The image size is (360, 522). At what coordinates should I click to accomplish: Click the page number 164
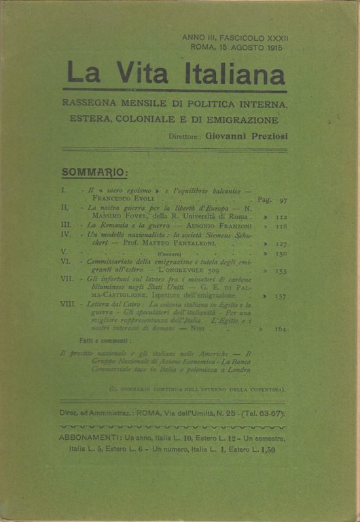[x=280, y=330]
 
